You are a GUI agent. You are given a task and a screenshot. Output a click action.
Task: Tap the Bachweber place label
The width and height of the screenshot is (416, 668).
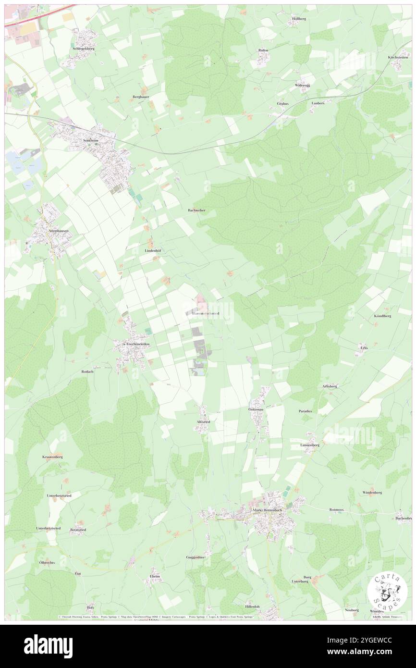[196, 210]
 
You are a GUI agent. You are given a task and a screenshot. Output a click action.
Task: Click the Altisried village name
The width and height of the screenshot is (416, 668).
[203, 421]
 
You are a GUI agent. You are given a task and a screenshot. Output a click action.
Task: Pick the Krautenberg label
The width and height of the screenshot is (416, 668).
[52, 457]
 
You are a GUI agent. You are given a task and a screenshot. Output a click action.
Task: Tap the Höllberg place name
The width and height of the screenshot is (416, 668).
[300, 18]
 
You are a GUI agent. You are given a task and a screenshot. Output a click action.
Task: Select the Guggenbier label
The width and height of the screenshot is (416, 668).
[196, 557]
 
